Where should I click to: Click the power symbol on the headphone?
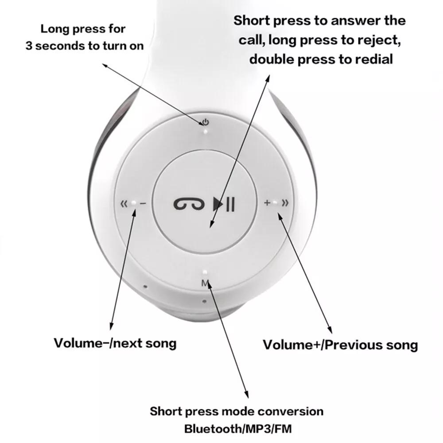point(205,122)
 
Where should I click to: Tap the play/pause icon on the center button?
point(224,204)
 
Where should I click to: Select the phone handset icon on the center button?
point(189,204)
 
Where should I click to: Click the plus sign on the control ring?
point(267,203)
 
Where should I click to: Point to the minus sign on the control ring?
point(143,204)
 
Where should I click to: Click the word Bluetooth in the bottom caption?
point(209,429)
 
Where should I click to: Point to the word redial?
point(371,59)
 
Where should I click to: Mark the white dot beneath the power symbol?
point(205,131)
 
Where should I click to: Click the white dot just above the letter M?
point(205,273)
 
